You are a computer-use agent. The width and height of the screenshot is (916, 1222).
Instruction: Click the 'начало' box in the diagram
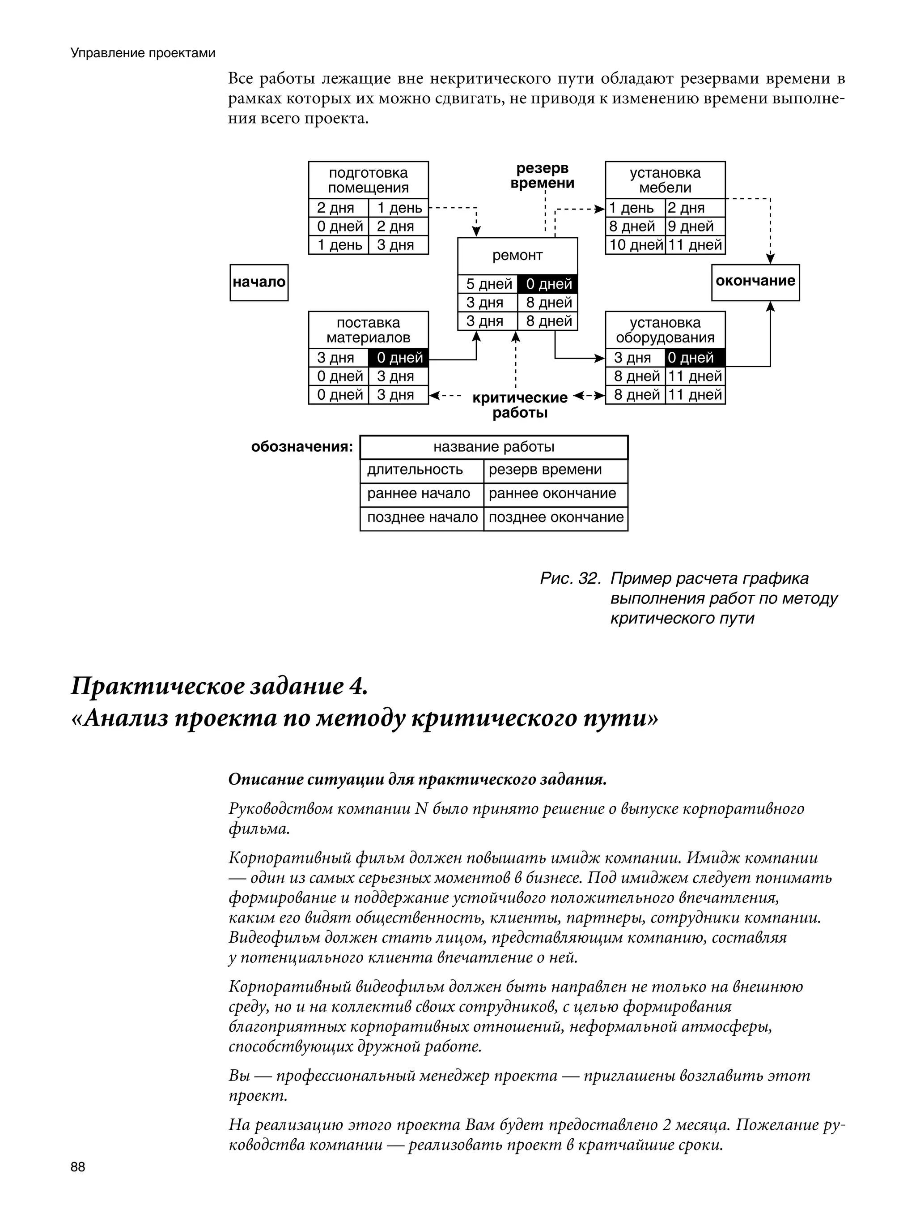(x=259, y=282)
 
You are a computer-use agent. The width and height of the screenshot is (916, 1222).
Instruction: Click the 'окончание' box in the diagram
(x=755, y=282)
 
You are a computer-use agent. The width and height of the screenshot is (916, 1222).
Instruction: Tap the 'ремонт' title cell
(x=517, y=256)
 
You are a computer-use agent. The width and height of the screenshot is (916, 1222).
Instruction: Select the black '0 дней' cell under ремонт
(x=548, y=284)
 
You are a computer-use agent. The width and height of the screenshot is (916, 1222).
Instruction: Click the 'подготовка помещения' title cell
(x=368, y=180)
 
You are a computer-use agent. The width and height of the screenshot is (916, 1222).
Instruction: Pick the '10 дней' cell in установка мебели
(x=635, y=245)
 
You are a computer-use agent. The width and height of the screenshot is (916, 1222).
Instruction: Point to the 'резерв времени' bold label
(x=542, y=175)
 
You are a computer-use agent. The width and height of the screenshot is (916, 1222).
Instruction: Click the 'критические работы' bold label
(x=520, y=405)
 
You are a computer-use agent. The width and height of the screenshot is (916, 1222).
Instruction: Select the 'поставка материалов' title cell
(x=368, y=330)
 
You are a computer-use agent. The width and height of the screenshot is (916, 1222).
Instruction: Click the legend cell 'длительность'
(x=415, y=470)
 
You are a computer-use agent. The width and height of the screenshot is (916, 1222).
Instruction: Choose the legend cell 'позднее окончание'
(x=556, y=517)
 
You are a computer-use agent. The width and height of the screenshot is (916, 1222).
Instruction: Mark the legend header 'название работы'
(x=494, y=447)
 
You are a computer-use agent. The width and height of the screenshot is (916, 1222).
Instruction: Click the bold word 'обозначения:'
(x=301, y=446)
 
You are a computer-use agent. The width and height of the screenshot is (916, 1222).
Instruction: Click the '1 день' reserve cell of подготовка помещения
(x=399, y=208)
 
